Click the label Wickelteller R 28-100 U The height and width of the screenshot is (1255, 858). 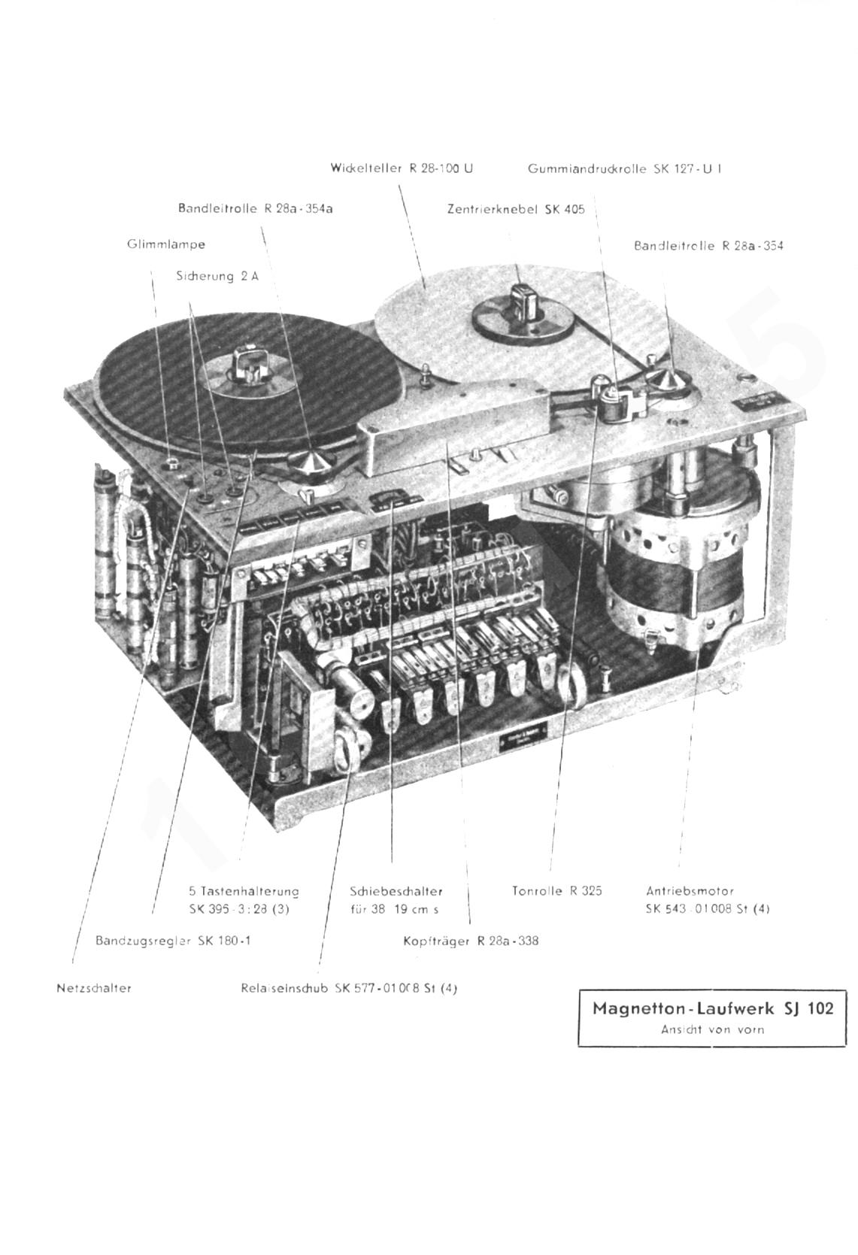(402, 168)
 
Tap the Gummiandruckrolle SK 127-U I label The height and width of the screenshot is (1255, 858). (625, 169)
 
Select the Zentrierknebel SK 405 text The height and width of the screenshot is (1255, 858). (516, 210)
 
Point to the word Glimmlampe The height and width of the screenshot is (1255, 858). (166, 244)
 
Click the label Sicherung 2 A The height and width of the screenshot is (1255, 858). (217, 276)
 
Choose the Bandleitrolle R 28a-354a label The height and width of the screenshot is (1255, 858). (255, 208)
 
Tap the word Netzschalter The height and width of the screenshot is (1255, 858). (94, 988)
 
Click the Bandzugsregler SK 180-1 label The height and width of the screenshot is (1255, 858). (173, 941)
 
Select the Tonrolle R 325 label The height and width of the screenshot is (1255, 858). (557, 891)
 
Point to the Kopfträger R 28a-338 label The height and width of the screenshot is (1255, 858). (471, 941)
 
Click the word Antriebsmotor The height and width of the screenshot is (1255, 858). (690, 891)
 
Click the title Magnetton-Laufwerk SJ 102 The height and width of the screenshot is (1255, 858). (713, 1008)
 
